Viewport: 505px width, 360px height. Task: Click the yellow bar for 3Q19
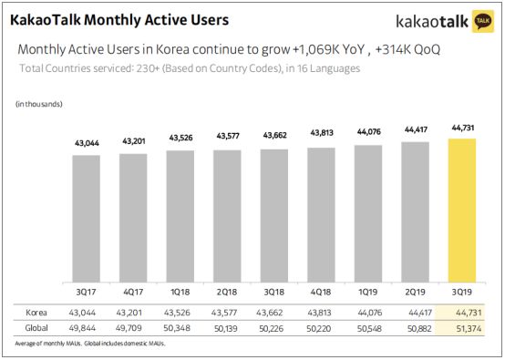(462, 209)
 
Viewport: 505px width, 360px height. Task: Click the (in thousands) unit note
(39, 108)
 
